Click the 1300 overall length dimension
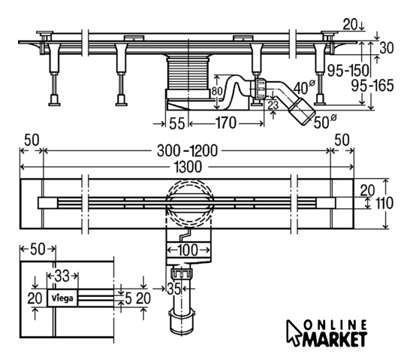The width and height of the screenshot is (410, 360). [188, 167]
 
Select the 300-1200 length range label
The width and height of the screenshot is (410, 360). [187, 151]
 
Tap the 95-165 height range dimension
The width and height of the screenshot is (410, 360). [372, 86]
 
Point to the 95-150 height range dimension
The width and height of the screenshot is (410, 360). [348, 70]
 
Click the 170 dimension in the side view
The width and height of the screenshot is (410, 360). [226, 123]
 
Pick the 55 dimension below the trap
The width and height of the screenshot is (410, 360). [177, 123]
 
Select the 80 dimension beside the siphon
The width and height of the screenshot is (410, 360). [217, 91]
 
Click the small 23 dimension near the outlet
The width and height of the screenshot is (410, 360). [273, 105]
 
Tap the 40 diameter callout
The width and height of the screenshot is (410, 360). [304, 87]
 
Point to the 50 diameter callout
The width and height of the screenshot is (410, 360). [325, 122]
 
